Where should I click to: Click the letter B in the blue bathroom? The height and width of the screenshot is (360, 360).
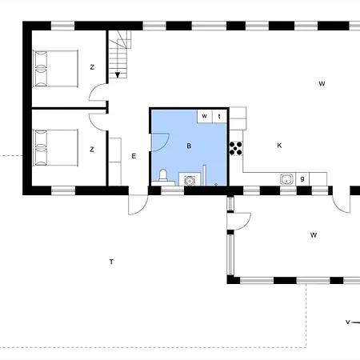[189, 146]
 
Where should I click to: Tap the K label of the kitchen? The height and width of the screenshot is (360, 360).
[279, 146]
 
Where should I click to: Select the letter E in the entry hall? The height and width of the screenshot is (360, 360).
[134, 156]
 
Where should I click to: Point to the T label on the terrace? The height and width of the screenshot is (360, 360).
[111, 262]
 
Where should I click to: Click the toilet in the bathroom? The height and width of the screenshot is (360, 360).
[163, 175]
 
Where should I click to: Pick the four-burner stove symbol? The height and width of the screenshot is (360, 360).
[236, 148]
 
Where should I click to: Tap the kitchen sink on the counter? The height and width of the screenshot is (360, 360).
[286, 179]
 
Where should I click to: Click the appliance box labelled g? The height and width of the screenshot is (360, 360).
[302, 178]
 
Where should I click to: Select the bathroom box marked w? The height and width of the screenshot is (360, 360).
[205, 116]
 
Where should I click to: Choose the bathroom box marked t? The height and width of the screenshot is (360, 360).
[219, 116]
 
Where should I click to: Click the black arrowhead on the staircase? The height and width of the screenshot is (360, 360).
[118, 75]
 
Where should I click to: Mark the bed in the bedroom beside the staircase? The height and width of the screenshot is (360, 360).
[55, 69]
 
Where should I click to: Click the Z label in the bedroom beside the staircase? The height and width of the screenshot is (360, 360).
[92, 67]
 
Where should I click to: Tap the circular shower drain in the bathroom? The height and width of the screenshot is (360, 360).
[190, 181]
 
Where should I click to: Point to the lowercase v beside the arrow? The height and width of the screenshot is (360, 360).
[347, 322]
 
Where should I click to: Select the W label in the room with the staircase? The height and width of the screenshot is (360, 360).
[322, 84]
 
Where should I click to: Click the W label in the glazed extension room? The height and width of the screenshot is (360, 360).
[314, 235]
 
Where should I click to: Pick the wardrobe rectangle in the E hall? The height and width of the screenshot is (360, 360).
[115, 162]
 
